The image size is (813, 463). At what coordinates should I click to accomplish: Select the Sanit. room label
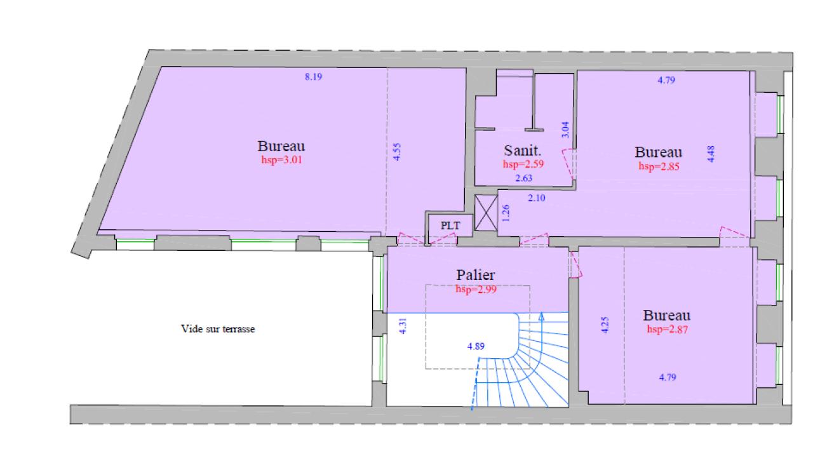(522, 151)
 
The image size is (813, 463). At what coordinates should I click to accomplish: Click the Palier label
(475, 276)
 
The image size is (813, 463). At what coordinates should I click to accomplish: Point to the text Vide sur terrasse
(218, 330)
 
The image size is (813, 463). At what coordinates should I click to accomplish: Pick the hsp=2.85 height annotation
(658, 167)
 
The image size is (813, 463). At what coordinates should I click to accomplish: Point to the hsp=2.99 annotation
(475, 289)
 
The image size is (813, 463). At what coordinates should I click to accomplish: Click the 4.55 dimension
(397, 152)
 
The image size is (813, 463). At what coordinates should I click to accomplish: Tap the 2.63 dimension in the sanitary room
(524, 178)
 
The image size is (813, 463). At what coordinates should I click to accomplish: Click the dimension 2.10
(537, 198)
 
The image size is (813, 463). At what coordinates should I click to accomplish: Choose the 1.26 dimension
(506, 212)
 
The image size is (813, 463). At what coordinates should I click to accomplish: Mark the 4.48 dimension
(711, 154)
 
